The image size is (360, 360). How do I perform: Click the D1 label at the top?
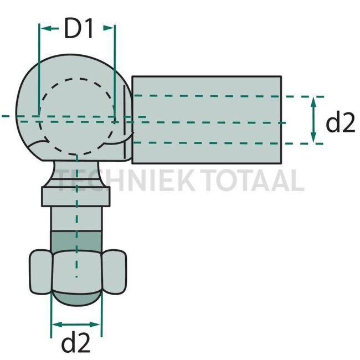click(78, 30)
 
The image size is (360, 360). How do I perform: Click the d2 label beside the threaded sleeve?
click(340, 123)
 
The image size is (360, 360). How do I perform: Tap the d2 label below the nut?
click(76, 344)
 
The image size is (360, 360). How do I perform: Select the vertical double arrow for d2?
click(313, 120)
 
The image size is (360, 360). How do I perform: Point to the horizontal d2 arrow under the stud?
click(76, 325)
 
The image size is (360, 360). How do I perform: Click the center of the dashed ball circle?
click(76, 117)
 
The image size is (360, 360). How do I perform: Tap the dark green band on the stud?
click(76, 243)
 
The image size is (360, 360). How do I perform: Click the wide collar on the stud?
click(76, 196)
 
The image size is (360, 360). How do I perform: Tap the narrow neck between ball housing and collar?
click(76, 172)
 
